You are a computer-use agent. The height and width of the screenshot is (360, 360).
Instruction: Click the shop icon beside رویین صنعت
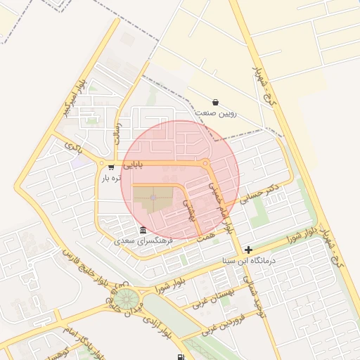coord(214,102)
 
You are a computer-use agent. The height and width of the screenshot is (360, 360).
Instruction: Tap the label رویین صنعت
coord(216,113)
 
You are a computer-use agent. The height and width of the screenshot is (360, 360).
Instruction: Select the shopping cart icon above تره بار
coord(111,167)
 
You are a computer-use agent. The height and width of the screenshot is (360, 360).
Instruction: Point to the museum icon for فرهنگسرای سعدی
coord(143,231)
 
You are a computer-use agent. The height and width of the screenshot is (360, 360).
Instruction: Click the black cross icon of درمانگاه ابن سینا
coord(248,250)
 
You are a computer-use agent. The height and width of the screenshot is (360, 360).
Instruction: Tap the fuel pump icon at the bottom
coord(182,356)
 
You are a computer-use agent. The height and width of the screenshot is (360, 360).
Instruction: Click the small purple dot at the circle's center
coord(153,198)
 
